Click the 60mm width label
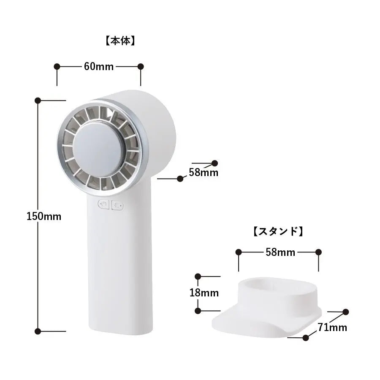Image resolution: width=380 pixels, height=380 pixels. click(x=99, y=66)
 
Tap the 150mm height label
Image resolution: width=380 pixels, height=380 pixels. click(x=44, y=216)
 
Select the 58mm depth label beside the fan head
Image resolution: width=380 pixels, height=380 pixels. click(x=204, y=172)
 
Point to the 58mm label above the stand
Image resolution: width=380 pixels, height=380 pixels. click(x=280, y=252)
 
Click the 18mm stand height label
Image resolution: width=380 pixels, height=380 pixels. click(x=204, y=293)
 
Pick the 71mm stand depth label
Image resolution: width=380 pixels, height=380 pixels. click(x=332, y=327)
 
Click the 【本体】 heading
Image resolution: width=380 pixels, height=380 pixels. click(x=120, y=41)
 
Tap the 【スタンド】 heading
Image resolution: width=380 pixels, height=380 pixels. click(x=278, y=231)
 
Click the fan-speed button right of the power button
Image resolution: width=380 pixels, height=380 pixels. click(x=117, y=206)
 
